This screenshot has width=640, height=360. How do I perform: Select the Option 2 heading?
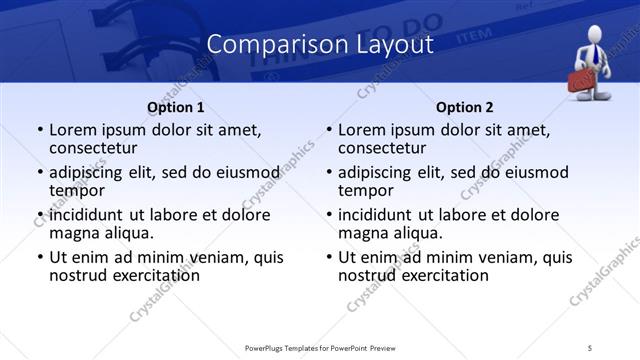[x=465, y=107]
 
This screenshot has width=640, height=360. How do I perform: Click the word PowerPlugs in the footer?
[x=269, y=347]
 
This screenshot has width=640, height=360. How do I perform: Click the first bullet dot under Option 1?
[x=40, y=130]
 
